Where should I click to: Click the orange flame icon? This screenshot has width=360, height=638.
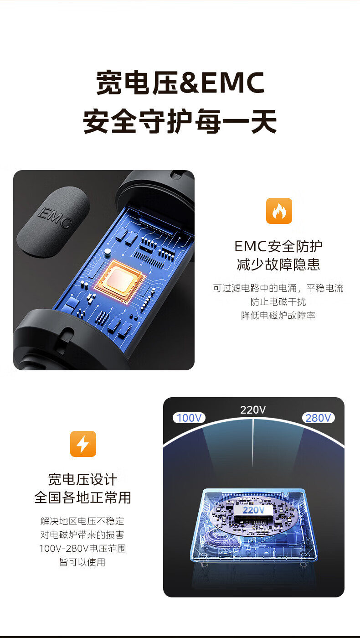click(279, 211)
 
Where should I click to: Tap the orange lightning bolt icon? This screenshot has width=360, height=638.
click(83, 444)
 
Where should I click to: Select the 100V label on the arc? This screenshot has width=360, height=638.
click(189, 418)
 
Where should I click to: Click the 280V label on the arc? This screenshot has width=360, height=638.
click(318, 418)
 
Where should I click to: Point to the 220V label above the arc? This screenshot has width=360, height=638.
click(253, 410)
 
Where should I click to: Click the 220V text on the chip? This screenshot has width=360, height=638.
click(253, 510)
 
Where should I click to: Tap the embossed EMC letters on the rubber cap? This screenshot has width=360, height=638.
click(54, 218)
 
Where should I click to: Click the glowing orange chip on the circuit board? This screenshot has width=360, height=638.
click(120, 280)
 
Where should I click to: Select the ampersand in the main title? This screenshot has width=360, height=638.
click(190, 83)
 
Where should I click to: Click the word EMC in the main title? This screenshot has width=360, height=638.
click(233, 83)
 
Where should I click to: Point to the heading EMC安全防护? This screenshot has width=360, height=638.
click(278, 246)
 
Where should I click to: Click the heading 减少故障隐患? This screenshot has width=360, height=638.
click(278, 265)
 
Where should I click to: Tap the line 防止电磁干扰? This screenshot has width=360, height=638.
click(278, 301)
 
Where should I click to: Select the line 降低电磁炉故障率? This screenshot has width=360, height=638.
click(278, 315)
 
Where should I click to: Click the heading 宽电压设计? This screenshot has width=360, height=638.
click(82, 479)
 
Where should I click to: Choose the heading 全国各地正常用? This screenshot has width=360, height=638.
click(82, 498)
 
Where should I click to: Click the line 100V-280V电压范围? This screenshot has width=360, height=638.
click(82, 548)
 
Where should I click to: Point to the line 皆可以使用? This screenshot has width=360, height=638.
click(82, 562)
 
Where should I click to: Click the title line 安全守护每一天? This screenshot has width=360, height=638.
click(180, 121)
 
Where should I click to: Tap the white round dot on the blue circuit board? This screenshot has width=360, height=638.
click(108, 251)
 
